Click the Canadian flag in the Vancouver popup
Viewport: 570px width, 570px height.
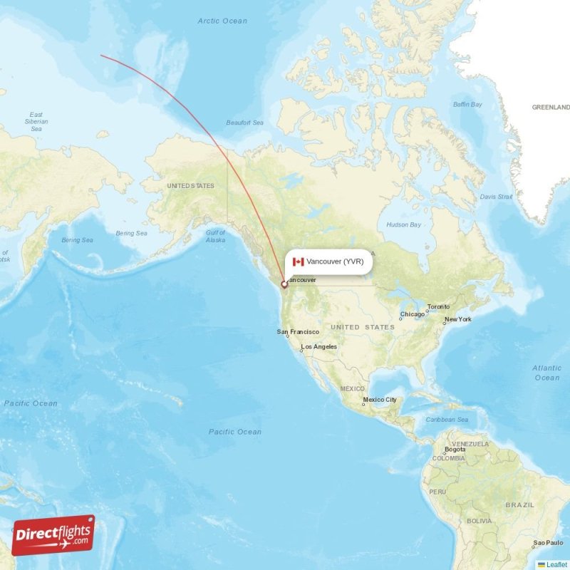point(299,261)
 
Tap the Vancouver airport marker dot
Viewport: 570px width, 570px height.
point(284,284)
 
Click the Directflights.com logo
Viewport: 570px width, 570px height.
point(53,535)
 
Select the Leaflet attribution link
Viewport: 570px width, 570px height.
point(556,564)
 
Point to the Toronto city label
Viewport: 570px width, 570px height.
point(439,307)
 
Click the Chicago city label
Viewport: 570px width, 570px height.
point(413,314)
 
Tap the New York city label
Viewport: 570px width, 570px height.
point(457,319)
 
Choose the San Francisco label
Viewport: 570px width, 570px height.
point(299,332)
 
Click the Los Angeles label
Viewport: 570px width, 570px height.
point(318,347)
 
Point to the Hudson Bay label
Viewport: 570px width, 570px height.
point(403,224)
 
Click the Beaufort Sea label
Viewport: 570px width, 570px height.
point(244,123)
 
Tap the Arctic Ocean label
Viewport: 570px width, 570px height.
point(222,21)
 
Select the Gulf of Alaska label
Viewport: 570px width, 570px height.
point(215,237)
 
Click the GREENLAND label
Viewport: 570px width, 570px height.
point(551,107)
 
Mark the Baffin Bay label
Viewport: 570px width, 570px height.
point(467,105)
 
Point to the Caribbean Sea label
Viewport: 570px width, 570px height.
point(447,420)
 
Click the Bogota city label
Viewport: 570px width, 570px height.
point(455,450)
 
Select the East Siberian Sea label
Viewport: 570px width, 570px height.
point(36,122)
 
